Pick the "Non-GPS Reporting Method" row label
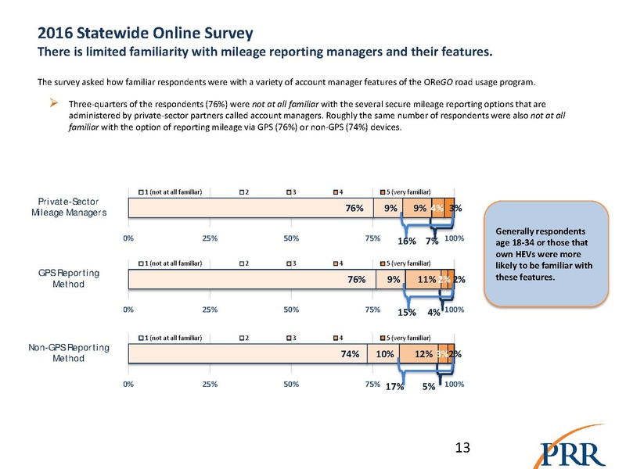point(77,352)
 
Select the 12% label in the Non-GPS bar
point(424,354)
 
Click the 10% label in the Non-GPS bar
point(383,354)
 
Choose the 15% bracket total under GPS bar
point(406,315)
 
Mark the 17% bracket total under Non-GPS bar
point(395,385)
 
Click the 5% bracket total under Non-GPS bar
point(429,385)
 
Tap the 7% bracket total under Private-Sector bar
point(431,242)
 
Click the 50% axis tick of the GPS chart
point(291,310)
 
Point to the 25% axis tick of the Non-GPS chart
point(210,383)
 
